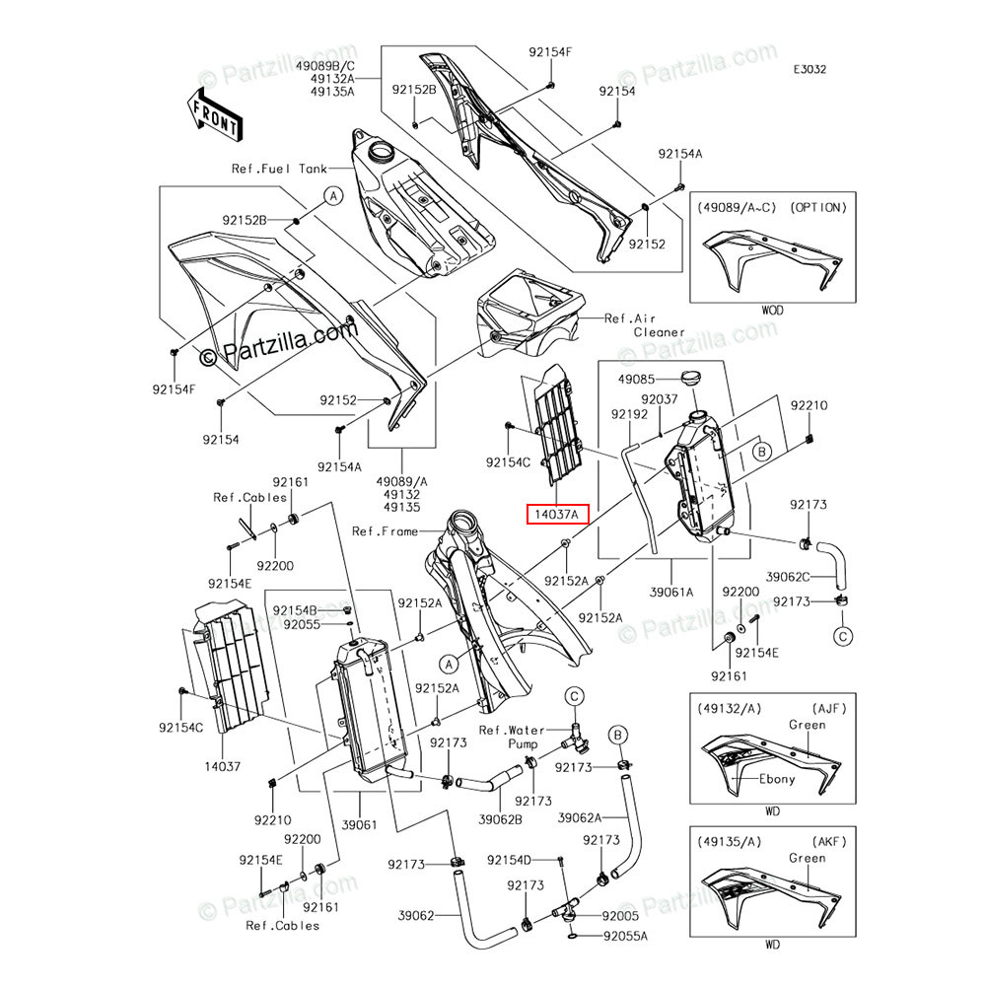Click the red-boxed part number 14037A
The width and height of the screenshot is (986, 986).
tap(558, 514)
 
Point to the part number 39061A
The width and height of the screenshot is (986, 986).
tap(671, 592)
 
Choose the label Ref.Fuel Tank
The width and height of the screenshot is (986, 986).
tap(279, 169)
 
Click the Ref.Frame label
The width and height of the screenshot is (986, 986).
tap(386, 531)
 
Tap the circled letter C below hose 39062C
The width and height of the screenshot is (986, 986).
tap(843, 637)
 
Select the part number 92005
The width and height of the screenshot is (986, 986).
tap(621, 916)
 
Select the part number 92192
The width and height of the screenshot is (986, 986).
tap(629, 416)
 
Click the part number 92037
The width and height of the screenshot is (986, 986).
tap(660, 399)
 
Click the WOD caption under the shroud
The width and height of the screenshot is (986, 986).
tap(772, 310)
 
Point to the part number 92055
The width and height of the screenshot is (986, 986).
tap(303, 624)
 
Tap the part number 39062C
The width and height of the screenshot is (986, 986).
tap(789, 577)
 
